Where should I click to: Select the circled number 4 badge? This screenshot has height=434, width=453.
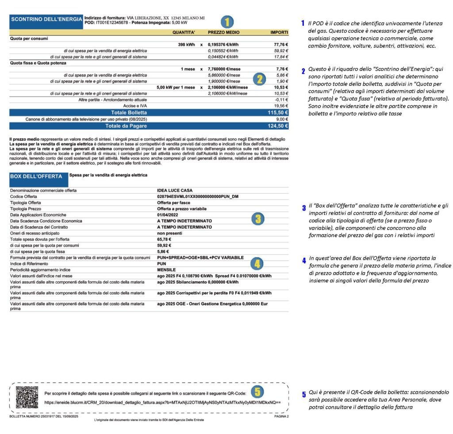pos(257,264)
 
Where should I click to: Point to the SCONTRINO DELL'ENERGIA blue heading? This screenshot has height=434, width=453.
pos(46,19)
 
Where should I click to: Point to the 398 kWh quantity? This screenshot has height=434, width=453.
pos(185,45)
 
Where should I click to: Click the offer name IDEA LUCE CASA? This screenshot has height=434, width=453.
pos(175,190)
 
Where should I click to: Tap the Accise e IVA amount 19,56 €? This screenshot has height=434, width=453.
pos(280,106)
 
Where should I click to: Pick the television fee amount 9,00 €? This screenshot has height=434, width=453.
pos(282,119)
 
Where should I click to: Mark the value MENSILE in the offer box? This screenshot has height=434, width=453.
pos(166,269)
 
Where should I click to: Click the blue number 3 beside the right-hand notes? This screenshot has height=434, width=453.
pos(304,208)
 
